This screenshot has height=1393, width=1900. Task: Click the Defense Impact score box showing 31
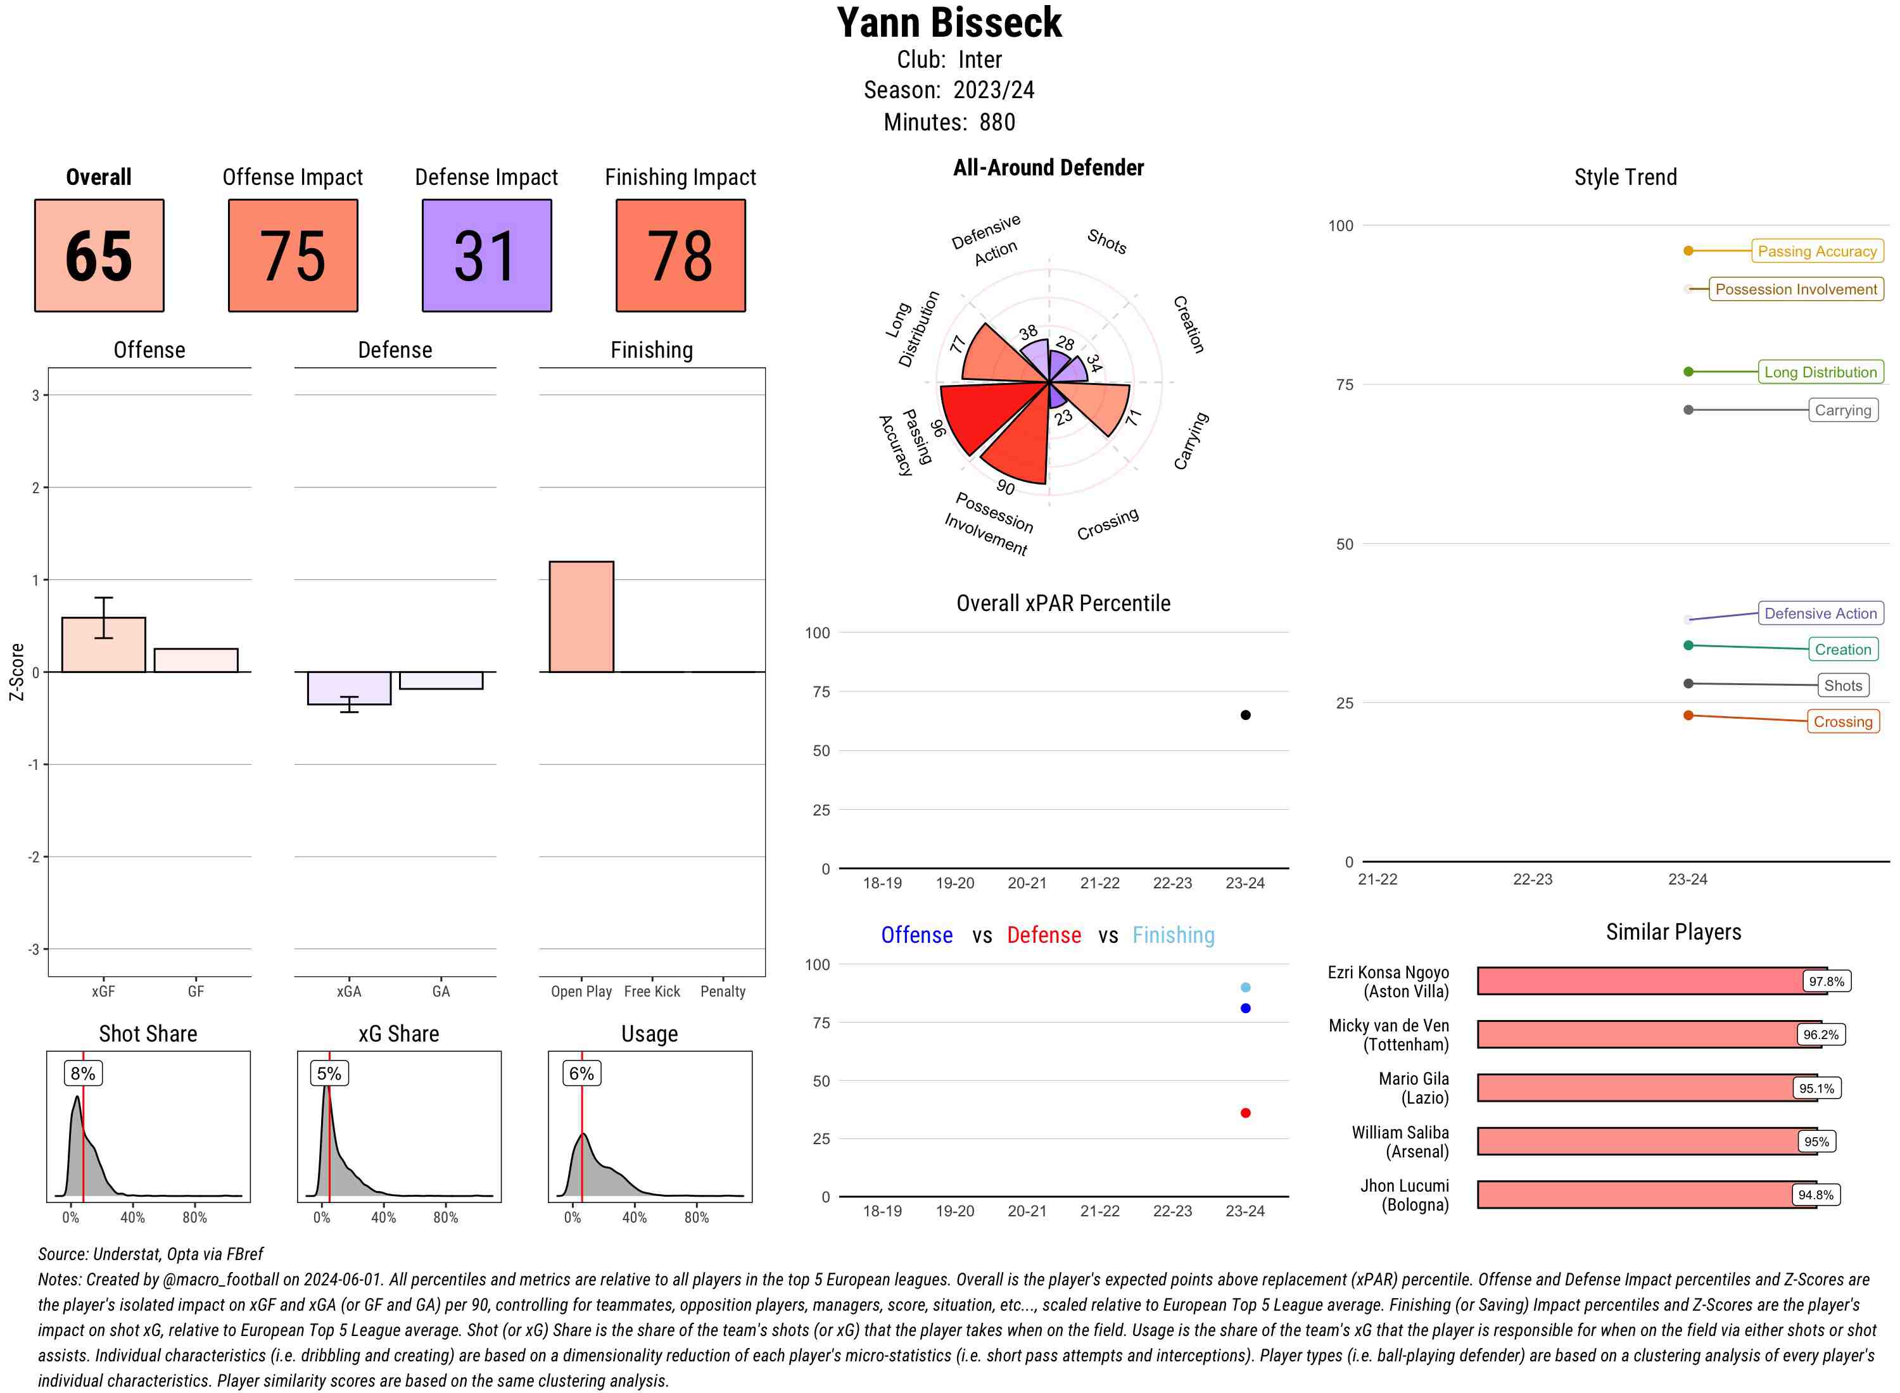coord(486,256)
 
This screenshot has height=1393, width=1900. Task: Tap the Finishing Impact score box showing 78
coord(681,256)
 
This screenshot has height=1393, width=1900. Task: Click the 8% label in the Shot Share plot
coord(82,1073)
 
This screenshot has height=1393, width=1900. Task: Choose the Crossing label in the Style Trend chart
coord(1842,722)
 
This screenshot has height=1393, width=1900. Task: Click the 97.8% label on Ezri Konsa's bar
coord(1826,981)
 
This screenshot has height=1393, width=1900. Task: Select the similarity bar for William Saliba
coord(1645,1142)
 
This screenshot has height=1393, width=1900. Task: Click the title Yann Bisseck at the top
coord(949,23)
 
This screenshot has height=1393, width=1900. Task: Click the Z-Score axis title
coord(16,672)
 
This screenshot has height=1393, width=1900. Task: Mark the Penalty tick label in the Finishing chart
coord(723,992)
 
